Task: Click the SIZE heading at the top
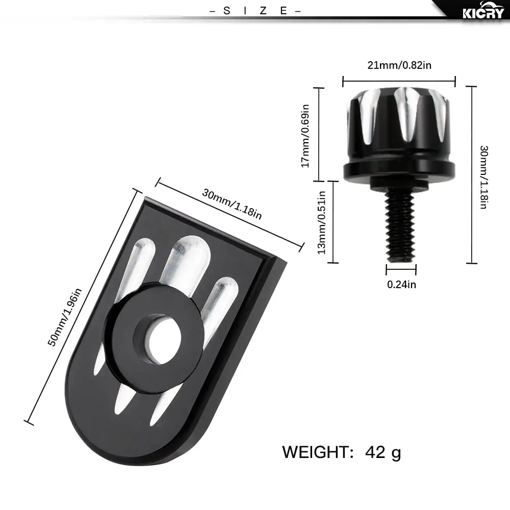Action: click(x=256, y=11)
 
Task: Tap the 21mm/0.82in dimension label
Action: click(x=399, y=65)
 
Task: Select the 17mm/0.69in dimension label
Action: click(x=305, y=136)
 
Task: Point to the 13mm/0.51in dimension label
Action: click(x=321, y=222)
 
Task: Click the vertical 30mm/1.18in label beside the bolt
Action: click(x=484, y=177)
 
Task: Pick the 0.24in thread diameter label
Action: click(x=401, y=285)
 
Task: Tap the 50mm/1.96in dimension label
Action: click(x=65, y=317)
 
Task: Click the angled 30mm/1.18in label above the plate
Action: click(x=232, y=205)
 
